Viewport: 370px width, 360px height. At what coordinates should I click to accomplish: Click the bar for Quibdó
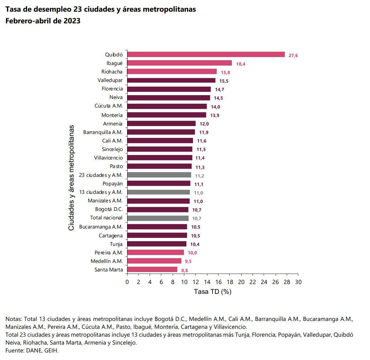coord(206,55)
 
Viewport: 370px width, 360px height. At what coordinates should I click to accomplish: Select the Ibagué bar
coord(179,63)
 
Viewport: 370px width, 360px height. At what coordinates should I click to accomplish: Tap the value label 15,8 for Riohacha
coord(225,73)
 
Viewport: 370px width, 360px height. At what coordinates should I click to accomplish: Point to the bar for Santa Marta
coord(152,270)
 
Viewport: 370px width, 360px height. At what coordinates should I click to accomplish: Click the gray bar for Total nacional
coord(158,218)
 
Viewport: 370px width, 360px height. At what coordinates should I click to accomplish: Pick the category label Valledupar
coord(110,80)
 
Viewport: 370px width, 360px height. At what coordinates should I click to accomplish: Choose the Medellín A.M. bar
coord(154,261)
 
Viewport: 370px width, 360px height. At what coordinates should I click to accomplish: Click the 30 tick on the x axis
coord(298,282)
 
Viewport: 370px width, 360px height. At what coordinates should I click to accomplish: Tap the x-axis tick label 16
coord(218,282)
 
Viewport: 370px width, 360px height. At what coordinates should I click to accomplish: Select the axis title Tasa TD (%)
coord(213,292)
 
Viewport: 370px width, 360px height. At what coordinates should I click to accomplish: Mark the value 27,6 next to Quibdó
coord(293,55)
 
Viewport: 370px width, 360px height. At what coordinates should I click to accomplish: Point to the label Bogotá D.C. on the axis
coord(109,209)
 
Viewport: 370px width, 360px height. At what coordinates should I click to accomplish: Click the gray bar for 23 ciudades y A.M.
coord(159,175)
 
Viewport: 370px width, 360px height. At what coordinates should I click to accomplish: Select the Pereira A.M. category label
coord(109,253)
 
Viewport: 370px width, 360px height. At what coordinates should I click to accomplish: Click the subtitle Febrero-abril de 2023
coord(43,21)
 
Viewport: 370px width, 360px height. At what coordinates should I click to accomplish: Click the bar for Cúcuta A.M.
coord(167,106)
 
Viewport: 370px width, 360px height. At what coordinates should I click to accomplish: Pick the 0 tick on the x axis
coord(127,282)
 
